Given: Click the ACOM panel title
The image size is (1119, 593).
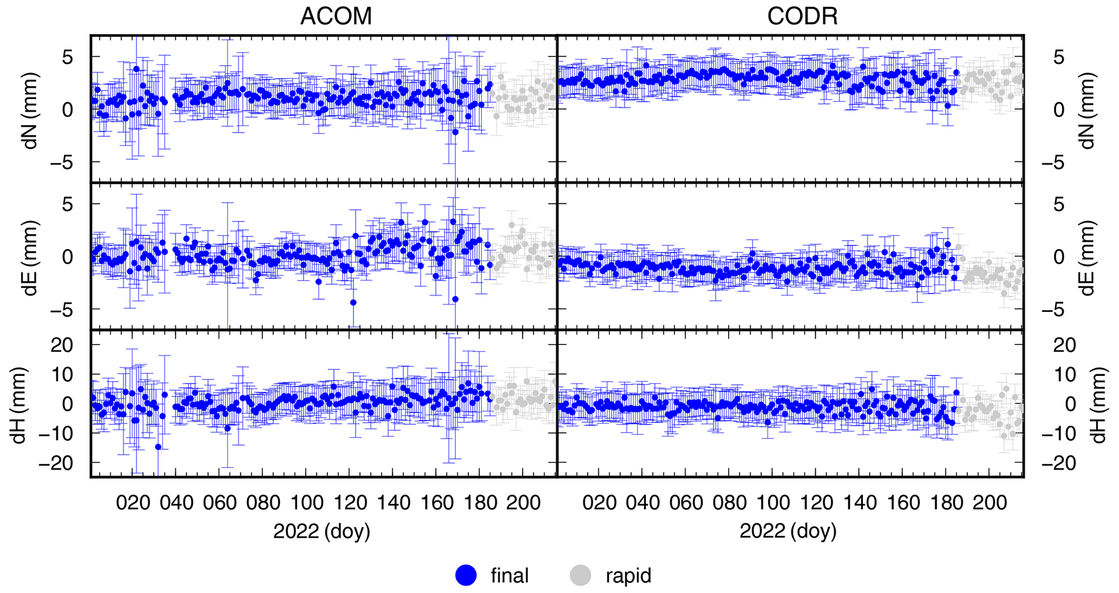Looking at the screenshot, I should pos(336,16).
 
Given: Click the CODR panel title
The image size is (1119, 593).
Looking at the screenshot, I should pos(802,16).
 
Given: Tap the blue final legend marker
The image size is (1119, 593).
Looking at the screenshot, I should pos(466,575).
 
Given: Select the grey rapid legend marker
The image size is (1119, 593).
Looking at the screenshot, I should pos(580,575).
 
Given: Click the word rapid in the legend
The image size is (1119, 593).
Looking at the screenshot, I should pos(629,575).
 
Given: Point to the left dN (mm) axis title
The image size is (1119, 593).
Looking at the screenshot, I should pos(30,110).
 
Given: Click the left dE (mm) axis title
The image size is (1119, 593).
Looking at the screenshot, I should pos(30,258).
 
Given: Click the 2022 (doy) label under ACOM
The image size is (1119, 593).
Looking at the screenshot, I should pos(322,531).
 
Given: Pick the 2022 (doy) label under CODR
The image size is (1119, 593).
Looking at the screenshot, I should pos(788,531).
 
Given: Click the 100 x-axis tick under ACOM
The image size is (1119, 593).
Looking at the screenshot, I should pos(307,503).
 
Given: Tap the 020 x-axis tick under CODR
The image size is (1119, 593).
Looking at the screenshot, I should pos(599,503).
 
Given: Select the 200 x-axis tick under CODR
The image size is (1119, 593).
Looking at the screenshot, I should pos(990,503).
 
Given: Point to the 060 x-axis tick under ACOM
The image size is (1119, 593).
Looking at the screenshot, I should pos(220,503).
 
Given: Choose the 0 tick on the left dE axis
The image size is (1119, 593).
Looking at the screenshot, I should pos(67,257).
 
